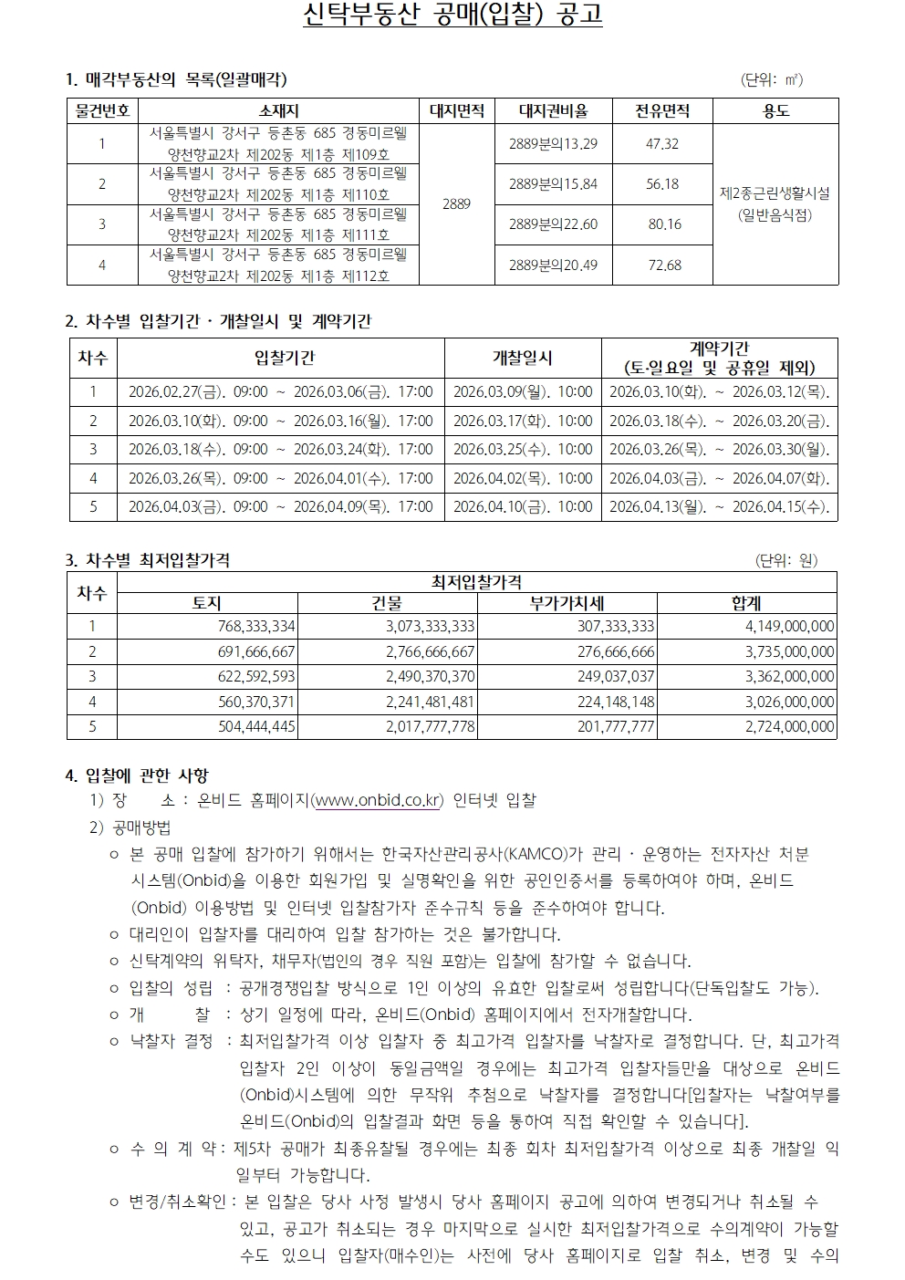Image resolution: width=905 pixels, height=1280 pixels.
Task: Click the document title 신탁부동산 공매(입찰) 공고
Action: (452, 16)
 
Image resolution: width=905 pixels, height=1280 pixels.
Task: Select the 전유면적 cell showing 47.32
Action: (661, 144)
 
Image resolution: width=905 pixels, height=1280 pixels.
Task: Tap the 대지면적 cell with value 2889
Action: (456, 204)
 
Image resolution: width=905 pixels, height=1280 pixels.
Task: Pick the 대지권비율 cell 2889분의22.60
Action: (553, 224)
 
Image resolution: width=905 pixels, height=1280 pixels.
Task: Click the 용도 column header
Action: (775, 111)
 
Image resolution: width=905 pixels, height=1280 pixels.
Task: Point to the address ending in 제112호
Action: (278, 265)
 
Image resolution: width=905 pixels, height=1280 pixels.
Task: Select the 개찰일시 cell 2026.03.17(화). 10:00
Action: (523, 421)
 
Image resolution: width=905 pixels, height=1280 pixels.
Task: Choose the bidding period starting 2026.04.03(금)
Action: (280, 506)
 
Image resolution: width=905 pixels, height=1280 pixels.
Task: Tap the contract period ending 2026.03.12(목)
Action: (720, 391)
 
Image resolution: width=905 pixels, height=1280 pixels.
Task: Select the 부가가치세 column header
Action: (567, 603)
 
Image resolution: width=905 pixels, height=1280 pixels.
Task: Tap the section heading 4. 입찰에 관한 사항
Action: (137, 775)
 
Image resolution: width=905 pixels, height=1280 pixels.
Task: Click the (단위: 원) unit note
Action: (786, 560)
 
